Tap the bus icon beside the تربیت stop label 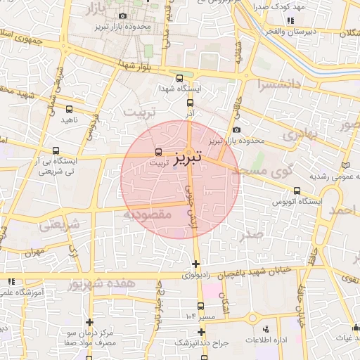point(157,150)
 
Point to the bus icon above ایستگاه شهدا point(180,79)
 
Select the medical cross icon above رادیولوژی point(195,264)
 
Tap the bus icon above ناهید point(69,109)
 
